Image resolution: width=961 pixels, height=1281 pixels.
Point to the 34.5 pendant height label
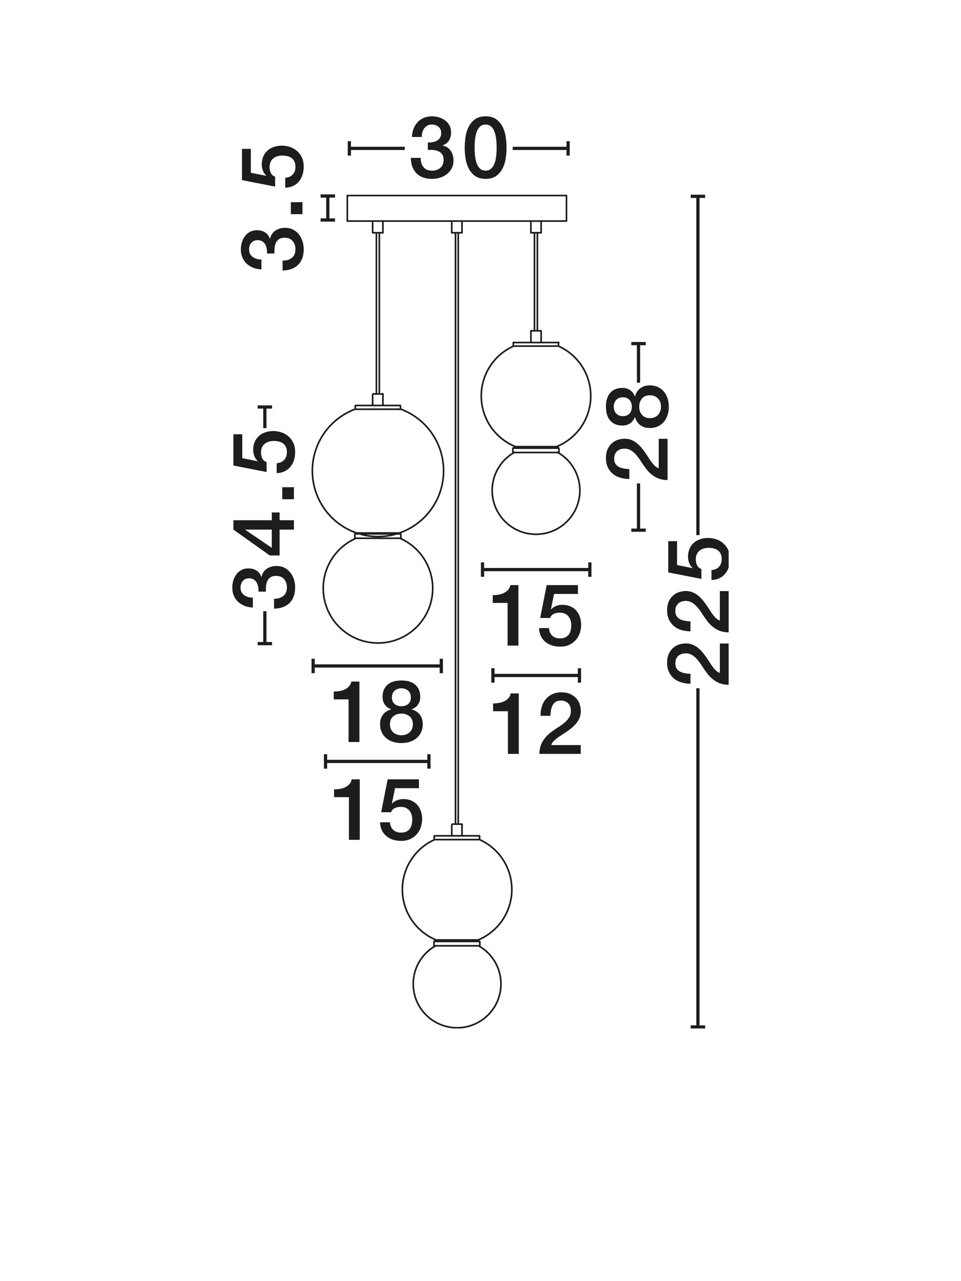[264, 524]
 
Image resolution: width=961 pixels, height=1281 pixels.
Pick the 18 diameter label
[377, 713]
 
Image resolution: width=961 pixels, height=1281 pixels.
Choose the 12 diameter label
[535, 725]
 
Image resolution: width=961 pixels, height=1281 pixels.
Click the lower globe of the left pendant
[378, 588]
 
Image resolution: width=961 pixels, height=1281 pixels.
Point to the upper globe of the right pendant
[536, 396]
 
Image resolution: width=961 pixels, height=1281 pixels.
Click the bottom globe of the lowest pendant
[457, 984]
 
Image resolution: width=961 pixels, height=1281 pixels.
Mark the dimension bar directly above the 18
[377, 666]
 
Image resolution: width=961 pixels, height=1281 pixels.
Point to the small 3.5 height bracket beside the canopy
[328, 208]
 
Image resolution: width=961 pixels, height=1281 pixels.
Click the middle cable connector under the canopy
[456, 227]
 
